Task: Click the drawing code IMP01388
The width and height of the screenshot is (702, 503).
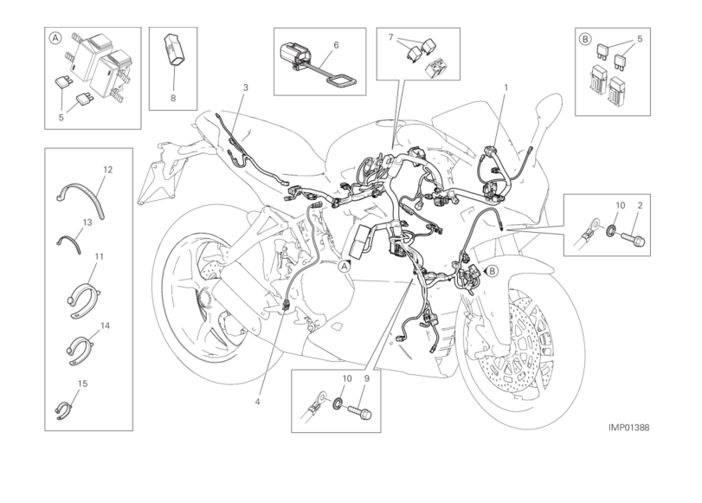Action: pyautogui.click(x=628, y=428)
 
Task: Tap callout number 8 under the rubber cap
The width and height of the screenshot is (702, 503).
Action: pyautogui.click(x=173, y=98)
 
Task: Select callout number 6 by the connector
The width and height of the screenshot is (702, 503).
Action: pyautogui.click(x=336, y=45)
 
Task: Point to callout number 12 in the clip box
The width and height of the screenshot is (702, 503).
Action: pyautogui.click(x=107, y=170)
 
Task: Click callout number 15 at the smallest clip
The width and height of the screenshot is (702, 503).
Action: pyautogui.click(x=82, y=384)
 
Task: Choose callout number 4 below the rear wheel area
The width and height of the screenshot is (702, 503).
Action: pyautogui.click(x=257, y=402)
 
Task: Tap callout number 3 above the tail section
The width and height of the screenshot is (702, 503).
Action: pyautogui.click(x=245, y=87)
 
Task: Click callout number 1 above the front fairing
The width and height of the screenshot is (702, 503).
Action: pyautogui.click(x=506, y=87)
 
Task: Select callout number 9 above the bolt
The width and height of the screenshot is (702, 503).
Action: pyautogui.click(x=367, y=378)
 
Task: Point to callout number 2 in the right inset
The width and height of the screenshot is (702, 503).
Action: pyautogui.click(x=640, y=205)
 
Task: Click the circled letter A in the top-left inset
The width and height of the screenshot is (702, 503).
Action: pyautogui.click(x=55, y=38)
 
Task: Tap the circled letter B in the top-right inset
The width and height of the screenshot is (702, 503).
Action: pyautogui.click(x=585, y=40)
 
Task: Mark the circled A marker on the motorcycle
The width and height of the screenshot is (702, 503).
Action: pyautogui.click(x=344, y=267)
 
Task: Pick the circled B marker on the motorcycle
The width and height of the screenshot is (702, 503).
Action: pyautogui.click(x=492, y=271)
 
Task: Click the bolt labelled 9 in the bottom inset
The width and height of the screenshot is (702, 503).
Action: pyautogui.click(x=360, y=411)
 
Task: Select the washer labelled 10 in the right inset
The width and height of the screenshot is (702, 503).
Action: pyautogui.click(x=610, y=231)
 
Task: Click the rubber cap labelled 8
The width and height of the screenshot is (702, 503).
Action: pyautogui.click(x=174, y=49)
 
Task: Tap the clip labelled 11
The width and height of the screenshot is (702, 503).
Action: pyautogui.click(x=84, y=300)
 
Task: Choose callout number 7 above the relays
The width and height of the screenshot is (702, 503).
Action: pyautogui.click(x=391, y=37)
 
